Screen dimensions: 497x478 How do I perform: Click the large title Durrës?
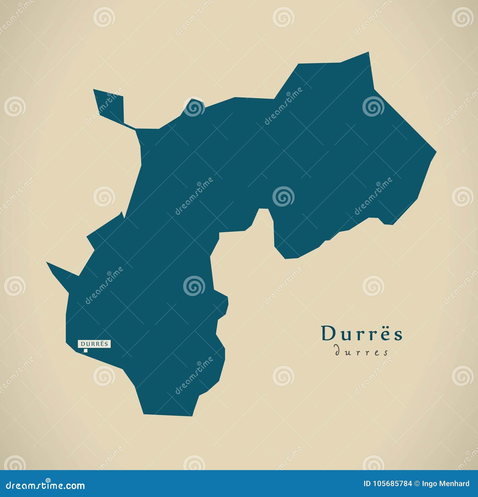tap(362, 334)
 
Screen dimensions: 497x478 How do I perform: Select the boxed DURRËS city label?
tap(94, 344)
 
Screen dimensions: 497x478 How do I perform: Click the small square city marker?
tap(86, 350)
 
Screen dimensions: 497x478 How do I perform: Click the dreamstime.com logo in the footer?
tap(45, 485)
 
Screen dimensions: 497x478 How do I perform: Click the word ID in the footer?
tap(367, 484)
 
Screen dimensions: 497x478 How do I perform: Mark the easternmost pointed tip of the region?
tap(435, 152)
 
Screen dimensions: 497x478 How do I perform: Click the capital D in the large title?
tap(327, 334)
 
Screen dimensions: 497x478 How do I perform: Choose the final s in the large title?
tap(399, 335)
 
